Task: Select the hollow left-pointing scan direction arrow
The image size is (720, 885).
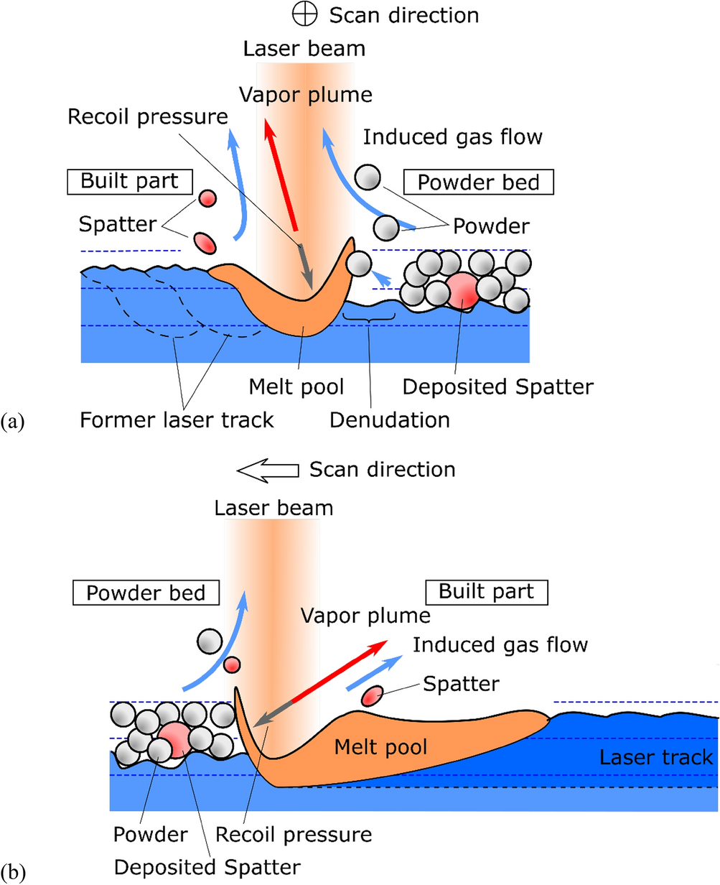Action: pyautogui.click(x=267, y=470)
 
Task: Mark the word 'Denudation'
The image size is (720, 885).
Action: pyautogui.click(x=390, y=419)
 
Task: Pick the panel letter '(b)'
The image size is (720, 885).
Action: pyautogui.click(x=14, y=872)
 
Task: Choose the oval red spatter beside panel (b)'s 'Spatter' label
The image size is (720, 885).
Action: pyautogui.click(x=373, y=695)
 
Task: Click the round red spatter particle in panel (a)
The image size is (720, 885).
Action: pyautogui.click(x=207, y=198)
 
